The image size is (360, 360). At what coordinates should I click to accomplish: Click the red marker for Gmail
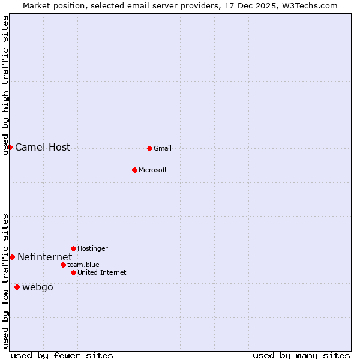point(149,148)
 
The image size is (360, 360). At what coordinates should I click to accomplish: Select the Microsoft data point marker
point(135,170)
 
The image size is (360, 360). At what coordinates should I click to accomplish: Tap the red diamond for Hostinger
point(73,248)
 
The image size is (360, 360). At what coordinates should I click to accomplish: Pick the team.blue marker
point(63,265)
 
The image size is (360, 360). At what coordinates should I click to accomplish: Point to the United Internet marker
point(73,272)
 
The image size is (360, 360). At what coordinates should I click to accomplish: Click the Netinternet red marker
point(12,257)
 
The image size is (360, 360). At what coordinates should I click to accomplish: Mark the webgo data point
point(17,287)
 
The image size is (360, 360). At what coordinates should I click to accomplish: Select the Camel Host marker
point(10,147)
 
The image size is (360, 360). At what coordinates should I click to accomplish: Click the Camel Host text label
point(43,148)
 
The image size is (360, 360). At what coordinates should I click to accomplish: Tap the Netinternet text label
point(44,257)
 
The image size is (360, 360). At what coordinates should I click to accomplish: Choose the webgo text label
point(38,287)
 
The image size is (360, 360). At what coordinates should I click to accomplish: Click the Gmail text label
point(162,149)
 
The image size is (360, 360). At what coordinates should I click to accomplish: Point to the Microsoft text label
point(152,170)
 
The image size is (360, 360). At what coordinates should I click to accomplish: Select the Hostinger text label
point(92,249)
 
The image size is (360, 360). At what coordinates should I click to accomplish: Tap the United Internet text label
point(101,273)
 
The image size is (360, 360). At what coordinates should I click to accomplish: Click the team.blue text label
point(83,265)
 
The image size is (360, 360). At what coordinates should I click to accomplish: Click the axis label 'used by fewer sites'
point(62,355)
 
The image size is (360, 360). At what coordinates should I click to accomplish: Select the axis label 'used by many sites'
point(301,355)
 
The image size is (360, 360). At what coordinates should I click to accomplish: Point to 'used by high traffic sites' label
point(5,86)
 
